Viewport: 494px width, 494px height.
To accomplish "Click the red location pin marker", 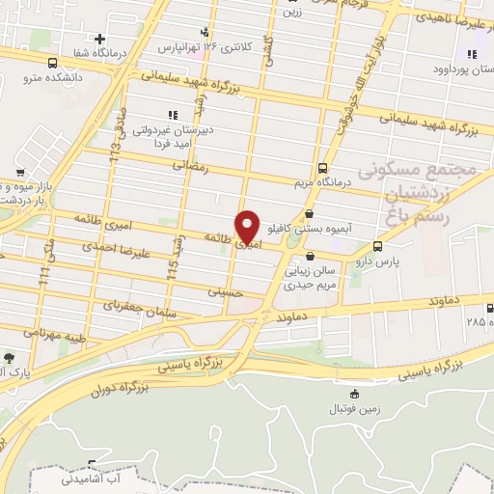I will [248, 226].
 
